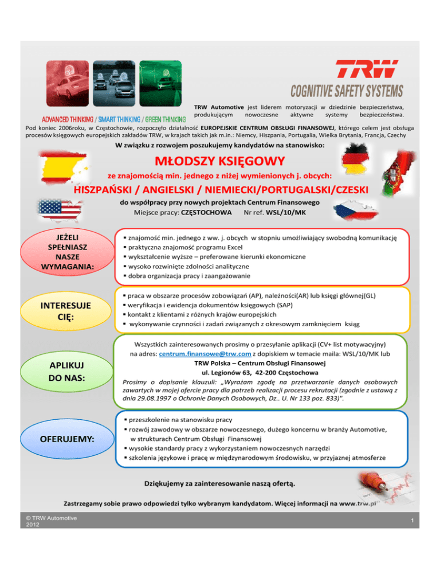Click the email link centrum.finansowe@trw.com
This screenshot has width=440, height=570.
195,354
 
